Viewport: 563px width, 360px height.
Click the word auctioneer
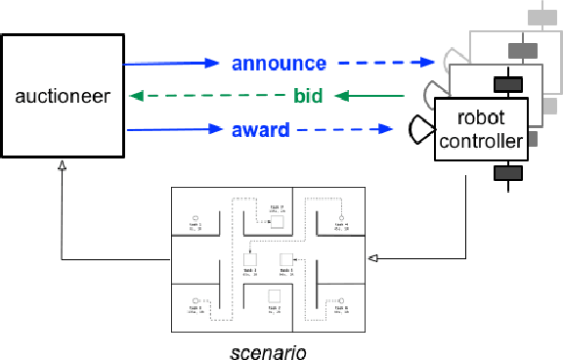point(63,96)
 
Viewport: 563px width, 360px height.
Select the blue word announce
point(279,64)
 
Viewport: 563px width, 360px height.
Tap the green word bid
point(308,96)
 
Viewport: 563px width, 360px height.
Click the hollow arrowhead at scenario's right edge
point(371,259)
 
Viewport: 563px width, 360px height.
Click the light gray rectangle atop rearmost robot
point(539,17)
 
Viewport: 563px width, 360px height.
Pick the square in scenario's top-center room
point(277,222)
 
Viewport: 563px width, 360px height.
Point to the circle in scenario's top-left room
point(196,216)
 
